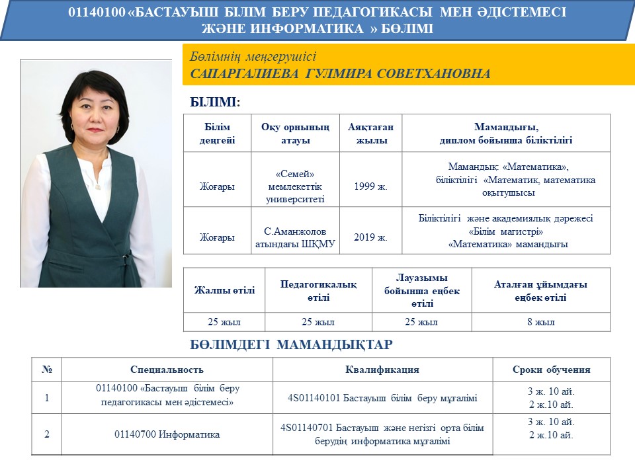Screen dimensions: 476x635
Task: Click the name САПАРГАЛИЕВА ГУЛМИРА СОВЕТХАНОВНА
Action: tap(340, 73)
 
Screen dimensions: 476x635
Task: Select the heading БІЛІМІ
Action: tap(215, 102)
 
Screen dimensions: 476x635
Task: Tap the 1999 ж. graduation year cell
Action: tap(370, 186)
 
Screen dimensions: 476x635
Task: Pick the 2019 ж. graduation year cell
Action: tap(370, 237)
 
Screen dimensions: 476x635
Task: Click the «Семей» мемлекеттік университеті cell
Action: tap(295, 186)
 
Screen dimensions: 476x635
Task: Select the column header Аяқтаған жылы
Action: tap(370, 134)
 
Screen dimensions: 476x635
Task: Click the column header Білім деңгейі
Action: tap(217, 134)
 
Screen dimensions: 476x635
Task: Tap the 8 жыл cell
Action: tap(540, 323)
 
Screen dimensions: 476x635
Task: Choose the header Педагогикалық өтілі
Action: tap(318, 291)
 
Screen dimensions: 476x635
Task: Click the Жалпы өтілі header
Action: tap(224, 291)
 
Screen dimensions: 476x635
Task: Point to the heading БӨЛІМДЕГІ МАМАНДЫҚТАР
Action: tap(291, 344)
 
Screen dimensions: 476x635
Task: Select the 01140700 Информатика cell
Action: tap(167, 434)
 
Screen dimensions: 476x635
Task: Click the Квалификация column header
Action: tap(382, 370)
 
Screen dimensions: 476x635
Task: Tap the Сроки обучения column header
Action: tap(551, 370)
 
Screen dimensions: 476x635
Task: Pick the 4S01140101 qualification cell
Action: tap(382, 398)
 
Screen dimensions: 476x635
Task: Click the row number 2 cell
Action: tap(46, 434)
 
